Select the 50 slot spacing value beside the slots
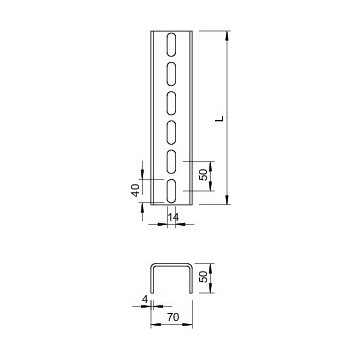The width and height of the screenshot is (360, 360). click(202, 174)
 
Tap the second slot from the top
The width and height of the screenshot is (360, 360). click(173, 72)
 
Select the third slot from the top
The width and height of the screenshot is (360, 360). click(173, 102)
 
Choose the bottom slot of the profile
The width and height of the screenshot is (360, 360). click(173, 191)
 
